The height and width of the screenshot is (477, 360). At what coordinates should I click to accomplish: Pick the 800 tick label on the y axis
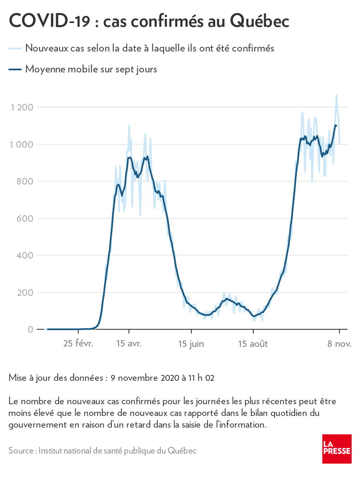(x=25, y=182)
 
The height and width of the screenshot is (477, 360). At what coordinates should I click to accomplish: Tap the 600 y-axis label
(x=25, y=218)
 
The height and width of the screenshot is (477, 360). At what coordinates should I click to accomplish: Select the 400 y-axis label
(x=25, y=255)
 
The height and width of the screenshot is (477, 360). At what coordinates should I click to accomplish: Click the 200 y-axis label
(x=25, y=292)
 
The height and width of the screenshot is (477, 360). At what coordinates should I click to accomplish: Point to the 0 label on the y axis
(x=31, y=329)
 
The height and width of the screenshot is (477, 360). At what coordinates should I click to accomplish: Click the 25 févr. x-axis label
(x=78, y=344)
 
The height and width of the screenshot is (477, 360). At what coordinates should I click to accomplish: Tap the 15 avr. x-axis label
(x=129, y=344)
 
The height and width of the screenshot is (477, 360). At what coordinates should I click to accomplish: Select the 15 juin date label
(x=191, y=344)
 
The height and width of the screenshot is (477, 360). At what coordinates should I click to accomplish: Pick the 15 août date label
(x=253, y=344)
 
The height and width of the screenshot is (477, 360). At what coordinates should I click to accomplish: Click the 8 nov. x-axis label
(x=339, y=344)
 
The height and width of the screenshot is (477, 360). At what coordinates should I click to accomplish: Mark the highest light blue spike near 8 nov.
(x=336, y=95)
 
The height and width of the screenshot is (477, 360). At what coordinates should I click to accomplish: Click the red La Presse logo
(x=337, y=449)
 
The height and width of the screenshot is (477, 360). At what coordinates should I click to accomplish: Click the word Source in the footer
(x=21, y=451)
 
